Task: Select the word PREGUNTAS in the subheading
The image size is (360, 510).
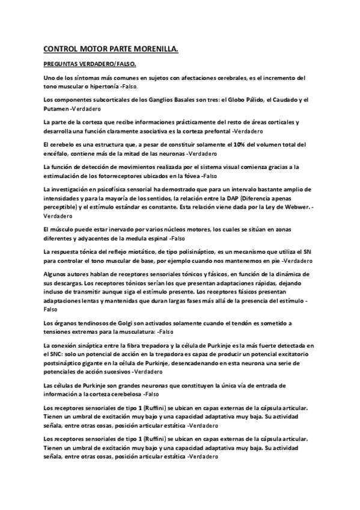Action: click(x=63, y=64)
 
